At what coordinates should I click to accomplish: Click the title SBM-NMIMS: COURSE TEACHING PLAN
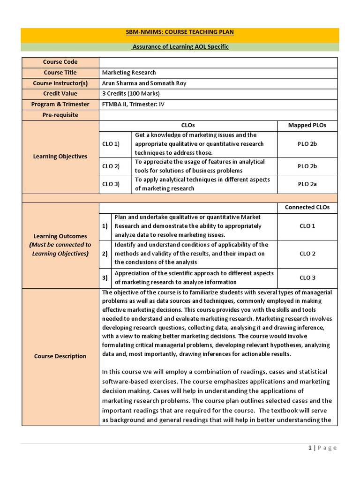(x=180, y=32)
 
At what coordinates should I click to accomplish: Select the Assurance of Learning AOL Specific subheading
(x=180, y=47)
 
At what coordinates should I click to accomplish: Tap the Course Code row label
(x=60, y=62)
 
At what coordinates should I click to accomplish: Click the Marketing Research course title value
(x=129, y=73)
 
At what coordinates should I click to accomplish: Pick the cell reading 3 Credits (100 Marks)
(x=131, y=94)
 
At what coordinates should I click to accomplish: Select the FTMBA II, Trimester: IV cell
(x=134, y=104)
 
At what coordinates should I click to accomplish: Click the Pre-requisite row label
(x=60, y=115)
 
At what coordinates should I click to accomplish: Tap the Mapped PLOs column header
(x=307, y=125)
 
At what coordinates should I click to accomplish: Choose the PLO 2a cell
(x=307, y=184)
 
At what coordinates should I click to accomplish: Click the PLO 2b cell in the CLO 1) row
(x=307, y=144)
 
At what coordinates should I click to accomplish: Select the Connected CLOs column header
(x=307, y=207)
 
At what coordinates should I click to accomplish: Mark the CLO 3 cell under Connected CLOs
(x=307, y=277)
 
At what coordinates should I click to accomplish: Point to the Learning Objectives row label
(x=60, y=156)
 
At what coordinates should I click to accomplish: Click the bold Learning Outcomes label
(x=60, y=236)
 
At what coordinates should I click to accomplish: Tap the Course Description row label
(x=60, y=356)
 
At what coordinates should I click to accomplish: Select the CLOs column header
(x=187, y=125)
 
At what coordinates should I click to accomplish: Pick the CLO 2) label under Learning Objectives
(x=111, y=166)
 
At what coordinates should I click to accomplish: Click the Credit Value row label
(x=60, y=94)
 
